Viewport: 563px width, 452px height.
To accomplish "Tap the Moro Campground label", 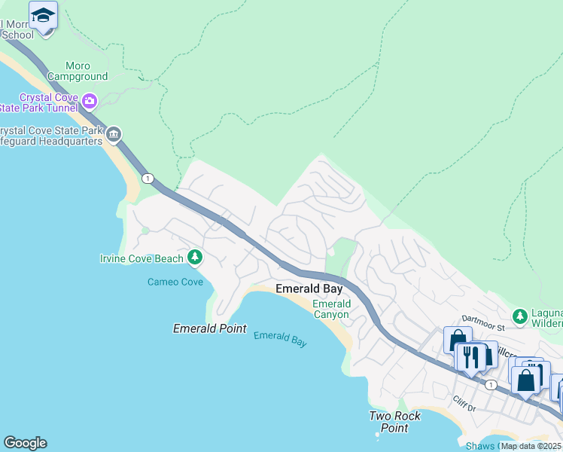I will [77, 71].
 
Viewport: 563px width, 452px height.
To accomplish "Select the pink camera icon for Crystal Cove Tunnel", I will [90, 100].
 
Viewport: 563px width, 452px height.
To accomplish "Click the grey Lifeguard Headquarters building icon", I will [114, 135].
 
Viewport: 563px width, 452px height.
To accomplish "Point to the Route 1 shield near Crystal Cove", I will [148, 179].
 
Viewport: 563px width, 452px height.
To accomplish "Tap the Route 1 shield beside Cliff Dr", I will [491, 384].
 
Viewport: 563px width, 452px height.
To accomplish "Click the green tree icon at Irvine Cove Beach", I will [195, 258].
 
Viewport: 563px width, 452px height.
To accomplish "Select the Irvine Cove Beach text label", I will [142, 259].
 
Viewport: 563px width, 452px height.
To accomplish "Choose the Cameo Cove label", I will [175, 282].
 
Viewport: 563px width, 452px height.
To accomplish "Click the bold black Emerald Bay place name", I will [309, 289].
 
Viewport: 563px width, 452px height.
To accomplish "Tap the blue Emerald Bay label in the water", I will [280, 339].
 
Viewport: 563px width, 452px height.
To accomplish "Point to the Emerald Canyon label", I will [330, 309].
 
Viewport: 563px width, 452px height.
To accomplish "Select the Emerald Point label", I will [209, 328].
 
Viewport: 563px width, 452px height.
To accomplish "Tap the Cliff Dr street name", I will [464, 404].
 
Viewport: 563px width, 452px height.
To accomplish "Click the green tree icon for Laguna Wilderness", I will [519, 315].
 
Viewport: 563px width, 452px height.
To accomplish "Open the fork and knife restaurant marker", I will [471, 357].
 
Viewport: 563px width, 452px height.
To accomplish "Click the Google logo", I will [25, 443].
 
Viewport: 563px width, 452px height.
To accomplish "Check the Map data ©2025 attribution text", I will [531, 446].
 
